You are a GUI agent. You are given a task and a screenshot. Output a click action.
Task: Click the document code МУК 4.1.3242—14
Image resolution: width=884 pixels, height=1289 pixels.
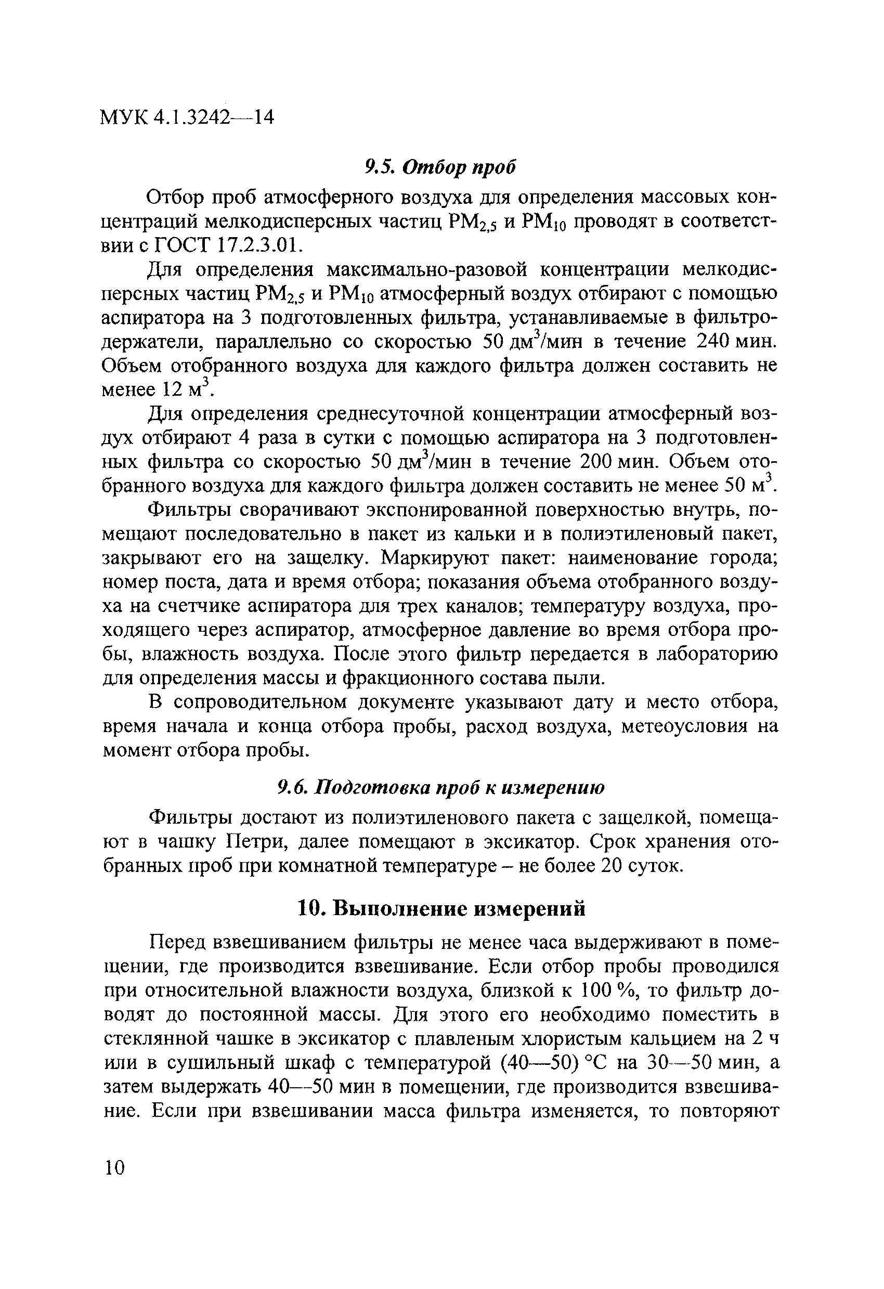pyautogui.click(x=187, y=118)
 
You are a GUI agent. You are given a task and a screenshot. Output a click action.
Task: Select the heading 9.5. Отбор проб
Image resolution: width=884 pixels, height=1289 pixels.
pyautogui.click(x=440, y=166)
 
